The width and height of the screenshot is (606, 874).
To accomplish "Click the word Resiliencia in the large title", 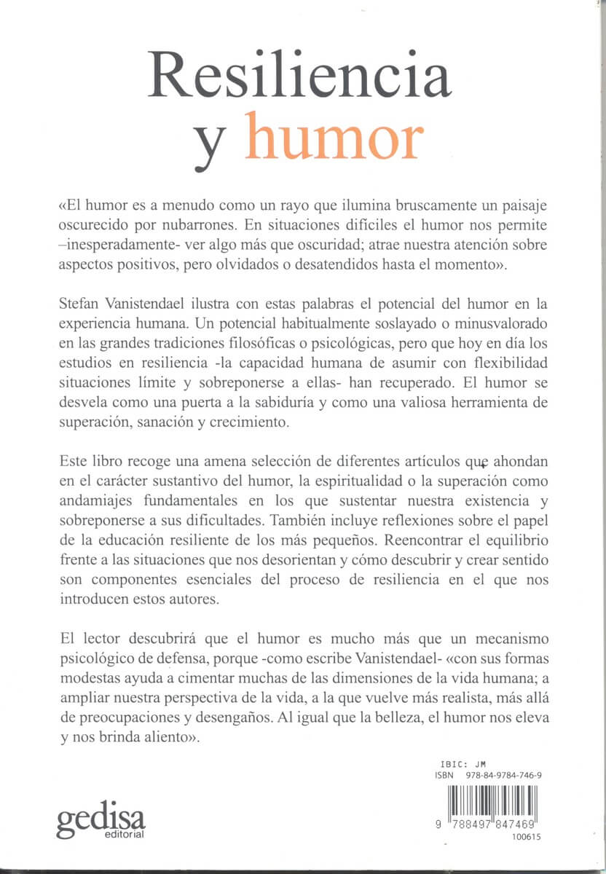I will point(299,76).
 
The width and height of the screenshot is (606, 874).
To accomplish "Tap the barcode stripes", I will point(495,800).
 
